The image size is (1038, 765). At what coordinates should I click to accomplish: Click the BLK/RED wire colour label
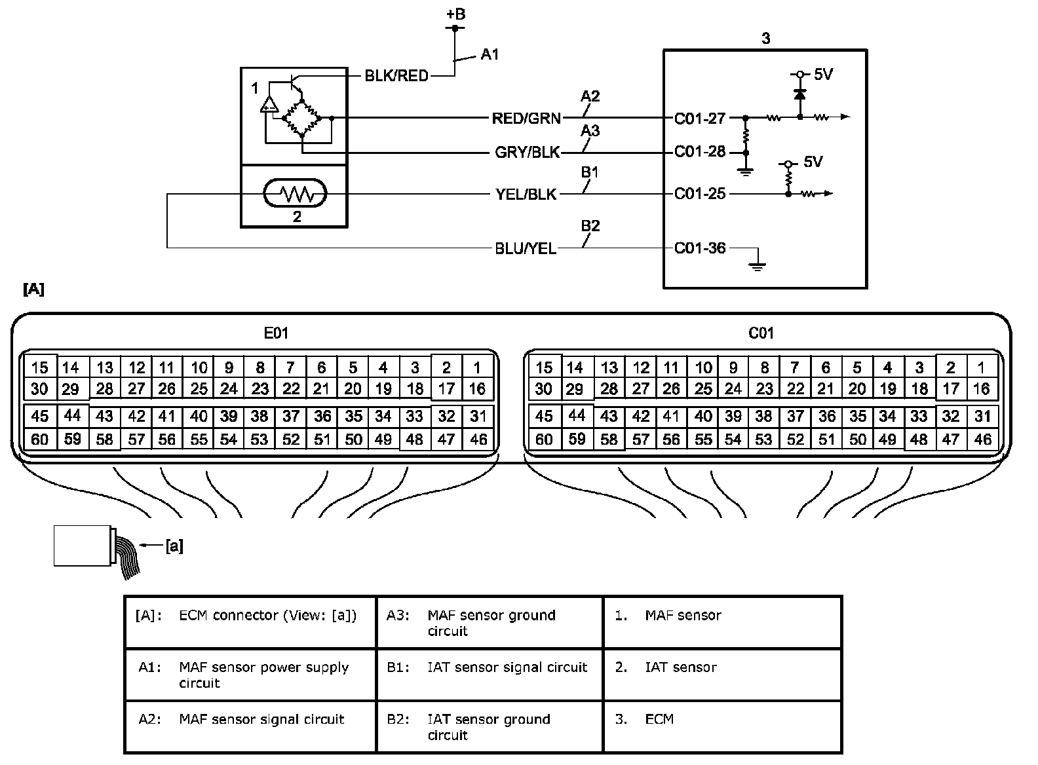pyautogui.click(x=396, y=76)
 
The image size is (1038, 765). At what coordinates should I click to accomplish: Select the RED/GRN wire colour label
pyautogui.click(x=526, y=119)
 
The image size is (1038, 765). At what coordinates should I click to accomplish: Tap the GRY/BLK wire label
pyautogui.click(x=528, y=153)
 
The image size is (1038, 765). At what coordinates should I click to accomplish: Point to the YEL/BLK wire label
pyautogui.click(x=526, y=195)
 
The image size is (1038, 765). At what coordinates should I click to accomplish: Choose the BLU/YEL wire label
pyautogui.click(x=526, y=249)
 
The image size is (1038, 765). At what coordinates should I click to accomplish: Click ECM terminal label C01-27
pyautogui.click(x=700, y=119)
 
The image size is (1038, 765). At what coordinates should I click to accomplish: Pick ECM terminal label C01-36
pyautogui.click(x=700, y=248)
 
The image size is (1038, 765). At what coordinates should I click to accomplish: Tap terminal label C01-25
pyautogui.click(x=700, y=194)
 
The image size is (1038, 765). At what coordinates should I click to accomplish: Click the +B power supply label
pyautogui.click(x=455, y=14)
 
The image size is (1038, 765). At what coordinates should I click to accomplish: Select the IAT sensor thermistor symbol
pyautogui.click(x=294, y=194)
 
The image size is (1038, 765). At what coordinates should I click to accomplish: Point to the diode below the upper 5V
pyautogui.click(x=799, y=94)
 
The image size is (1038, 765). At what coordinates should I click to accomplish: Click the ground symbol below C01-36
pyautogui.click(x=758, y=265)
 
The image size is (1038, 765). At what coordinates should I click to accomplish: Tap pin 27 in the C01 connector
pyautogui.click(x=640, y=389)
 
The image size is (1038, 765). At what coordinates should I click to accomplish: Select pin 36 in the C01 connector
pyautogui.click(x=827, y=416)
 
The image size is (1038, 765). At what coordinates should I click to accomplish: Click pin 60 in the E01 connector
pyautogui.click(x=40, y=439)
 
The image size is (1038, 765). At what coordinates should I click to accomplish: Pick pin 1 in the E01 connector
pyautogui.click(x=477, y=367)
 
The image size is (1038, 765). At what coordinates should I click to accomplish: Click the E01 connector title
pyautogui.click(x=276, y=333)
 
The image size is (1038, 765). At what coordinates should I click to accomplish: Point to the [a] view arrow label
pyautogui.click(x=174, y=546)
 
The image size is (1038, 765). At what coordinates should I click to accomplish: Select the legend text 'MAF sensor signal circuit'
pyautogui.click(x=261, y=719)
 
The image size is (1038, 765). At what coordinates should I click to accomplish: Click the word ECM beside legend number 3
pyautogui.click(x=659, y=719)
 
